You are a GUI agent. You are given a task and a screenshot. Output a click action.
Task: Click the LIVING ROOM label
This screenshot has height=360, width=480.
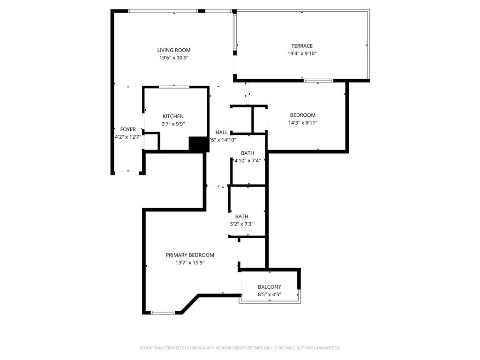click(x=173, y=50)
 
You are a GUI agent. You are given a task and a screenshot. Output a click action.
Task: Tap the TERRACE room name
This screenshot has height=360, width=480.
click(x=301, y=46)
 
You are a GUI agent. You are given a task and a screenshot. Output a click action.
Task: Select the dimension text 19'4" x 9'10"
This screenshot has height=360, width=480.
click(x=301, y=53)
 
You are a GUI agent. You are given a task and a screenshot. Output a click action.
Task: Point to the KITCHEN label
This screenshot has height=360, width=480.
click(x=173, y=116)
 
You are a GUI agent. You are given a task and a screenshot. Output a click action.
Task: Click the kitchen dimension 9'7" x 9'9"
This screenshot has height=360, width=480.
click(x=173, y=124)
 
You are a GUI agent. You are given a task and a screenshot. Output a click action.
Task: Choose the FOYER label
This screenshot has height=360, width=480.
click(x=128, y=129)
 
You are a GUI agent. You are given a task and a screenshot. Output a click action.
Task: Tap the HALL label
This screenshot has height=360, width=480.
click(x=222, y=132)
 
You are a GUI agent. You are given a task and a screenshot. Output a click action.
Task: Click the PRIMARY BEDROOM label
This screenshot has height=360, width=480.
click(x=190, y=255)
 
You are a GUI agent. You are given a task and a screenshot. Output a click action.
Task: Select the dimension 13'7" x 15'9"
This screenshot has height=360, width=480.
click(x=190, y=263)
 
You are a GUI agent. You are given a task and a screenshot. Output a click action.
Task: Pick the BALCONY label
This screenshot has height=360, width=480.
click(x=270, y=287)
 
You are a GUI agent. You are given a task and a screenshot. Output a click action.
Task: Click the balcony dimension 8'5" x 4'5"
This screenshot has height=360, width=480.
click(x=270, y=295)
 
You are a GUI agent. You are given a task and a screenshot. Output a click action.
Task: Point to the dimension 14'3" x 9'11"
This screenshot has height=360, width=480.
click(x=302, y=123)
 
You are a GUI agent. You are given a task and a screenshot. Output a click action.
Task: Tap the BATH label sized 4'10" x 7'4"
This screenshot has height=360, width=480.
click(x=247, y=153)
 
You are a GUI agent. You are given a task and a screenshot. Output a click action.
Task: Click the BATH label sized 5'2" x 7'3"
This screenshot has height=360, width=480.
click(x=241, y=217)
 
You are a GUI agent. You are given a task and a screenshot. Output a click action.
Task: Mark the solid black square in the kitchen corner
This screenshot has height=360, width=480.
click(x=198, y=144)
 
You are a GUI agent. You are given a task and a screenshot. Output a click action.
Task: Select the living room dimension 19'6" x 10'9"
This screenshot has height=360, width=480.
click(x=173, y=58)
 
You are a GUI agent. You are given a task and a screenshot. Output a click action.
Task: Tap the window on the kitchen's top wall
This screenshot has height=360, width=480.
click(x=174, y=87)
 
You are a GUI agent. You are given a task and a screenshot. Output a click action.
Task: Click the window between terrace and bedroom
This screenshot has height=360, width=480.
click(x=318, y=81)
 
